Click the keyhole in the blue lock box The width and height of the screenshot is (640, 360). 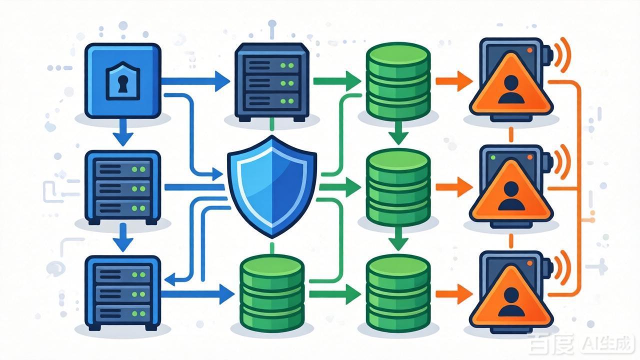pos(123,84)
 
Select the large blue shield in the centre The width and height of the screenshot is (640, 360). pos(272,186)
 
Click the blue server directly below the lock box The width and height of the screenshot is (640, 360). pos(123,187)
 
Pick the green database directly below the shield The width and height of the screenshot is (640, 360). pos(272,293)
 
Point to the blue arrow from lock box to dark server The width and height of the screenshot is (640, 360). pos(195,81)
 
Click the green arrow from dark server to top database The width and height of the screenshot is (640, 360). pos(337,81)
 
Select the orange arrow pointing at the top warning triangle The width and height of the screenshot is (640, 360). pos(454,81)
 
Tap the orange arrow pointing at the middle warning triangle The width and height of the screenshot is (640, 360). pos(454,187)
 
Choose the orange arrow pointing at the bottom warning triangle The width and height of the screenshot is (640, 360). pos(454,294)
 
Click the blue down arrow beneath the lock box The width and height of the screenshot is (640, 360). pos(123,132)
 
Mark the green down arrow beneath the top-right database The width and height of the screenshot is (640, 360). pos(398,133)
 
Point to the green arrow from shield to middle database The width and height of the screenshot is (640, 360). pos(340,187)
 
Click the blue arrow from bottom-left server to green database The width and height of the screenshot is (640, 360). pos(197,294)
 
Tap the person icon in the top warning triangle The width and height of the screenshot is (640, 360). pos(511,89)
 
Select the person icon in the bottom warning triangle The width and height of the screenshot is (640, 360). pos(511,301)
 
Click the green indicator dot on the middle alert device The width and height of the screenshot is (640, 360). pos(493,157)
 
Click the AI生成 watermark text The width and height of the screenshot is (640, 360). pos(606,344)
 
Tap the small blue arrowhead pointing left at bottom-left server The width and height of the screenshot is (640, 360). pos(170,279)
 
